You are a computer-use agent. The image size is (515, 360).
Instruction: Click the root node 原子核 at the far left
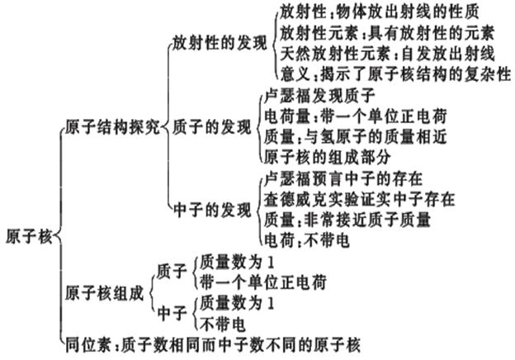click(x=29, y=236)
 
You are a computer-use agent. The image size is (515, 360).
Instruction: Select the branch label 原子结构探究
click(x=112, y=127)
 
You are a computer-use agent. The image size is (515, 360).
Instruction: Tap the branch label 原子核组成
click(x=105, y=293)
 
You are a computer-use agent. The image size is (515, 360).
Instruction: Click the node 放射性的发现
click(x=220, y=43)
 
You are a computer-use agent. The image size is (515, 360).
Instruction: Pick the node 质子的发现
click(x=212, y=127)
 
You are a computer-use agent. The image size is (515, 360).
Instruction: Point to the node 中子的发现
click(x=212, y=211)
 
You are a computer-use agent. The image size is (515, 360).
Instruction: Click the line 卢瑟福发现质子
click(x=319, y=97)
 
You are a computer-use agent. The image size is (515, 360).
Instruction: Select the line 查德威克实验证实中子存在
click(x=360, y=199)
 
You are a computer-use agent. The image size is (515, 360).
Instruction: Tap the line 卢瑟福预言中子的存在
click(x=343, y=179)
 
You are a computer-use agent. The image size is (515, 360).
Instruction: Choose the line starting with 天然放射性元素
click(x=388, y=54)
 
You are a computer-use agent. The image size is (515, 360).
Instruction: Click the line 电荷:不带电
click(x=307, y=240)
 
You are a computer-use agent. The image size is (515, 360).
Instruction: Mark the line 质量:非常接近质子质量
click(x=347, y=220)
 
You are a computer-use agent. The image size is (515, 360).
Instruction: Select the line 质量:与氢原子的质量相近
click(x=356, y=137)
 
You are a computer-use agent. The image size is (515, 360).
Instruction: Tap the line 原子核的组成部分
click(x=328, y=158)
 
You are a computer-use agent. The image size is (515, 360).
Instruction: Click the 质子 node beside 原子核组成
click(x=172, y=272)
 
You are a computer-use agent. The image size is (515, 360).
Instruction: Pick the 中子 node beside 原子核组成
click(x=172, y=313)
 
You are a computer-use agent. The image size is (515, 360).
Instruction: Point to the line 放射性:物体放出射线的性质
click(x=380, y=12)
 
